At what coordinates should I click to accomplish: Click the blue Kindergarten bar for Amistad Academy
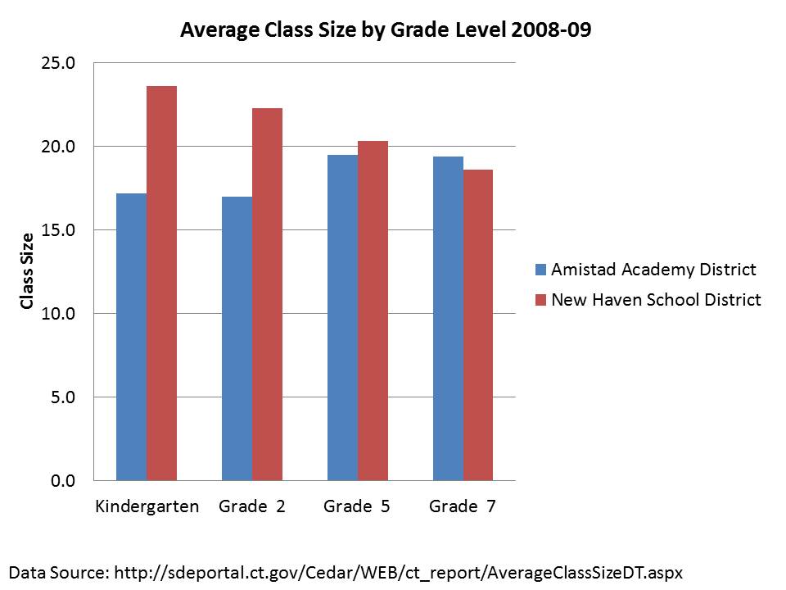[132, 337]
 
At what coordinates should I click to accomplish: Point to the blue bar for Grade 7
[448, 319]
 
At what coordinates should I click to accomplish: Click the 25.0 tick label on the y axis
[58, 63]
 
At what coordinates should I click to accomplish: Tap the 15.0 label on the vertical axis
[58, 230]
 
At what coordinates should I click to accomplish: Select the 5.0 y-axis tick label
[62, 397]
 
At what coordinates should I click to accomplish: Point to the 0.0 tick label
[62, 481]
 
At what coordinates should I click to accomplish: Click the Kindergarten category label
[147, 506]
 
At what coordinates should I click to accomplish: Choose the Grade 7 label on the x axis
[463, 506]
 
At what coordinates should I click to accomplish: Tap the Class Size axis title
[28, 271]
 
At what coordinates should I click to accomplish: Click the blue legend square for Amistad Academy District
[540, 270]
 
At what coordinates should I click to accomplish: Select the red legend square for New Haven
[540, 300]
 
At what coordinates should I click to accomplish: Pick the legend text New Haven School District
[656, 300]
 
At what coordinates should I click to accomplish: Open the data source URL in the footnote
[396, 571]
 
